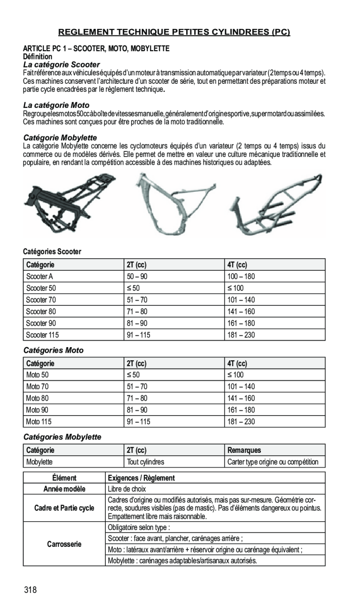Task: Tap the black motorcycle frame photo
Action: tap(70, 200)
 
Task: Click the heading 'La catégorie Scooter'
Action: tap(62, 64)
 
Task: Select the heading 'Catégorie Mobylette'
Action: tap(60, 138)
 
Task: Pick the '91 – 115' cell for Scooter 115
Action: tap(138, 335)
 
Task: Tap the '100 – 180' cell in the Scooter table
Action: tap(241, 276)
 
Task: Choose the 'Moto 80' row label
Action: tap(37, 398)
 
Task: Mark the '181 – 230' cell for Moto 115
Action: tap(241, 422)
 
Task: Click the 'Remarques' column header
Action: tap(244, 450)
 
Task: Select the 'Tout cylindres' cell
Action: tap(145, 462)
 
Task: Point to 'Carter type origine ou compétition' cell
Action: tap(273, 462)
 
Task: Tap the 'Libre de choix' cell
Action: tap(127, 489)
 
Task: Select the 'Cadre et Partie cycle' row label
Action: tap(64, 508)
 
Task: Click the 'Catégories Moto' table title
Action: tap(54, 350)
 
